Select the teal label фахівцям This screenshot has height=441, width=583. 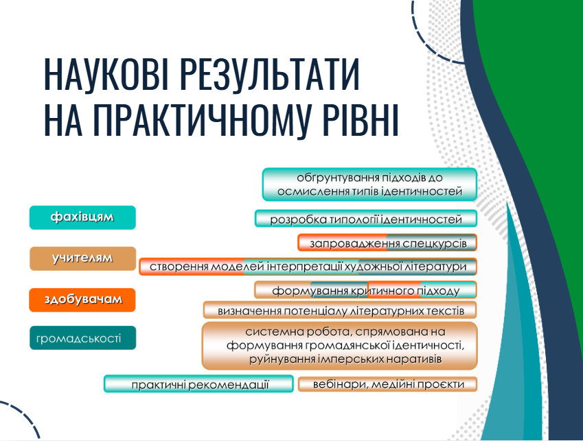click(x=82, y=217)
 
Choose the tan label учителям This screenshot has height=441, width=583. click(x=82, y=259)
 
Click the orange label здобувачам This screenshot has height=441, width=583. click(x=82, y=300)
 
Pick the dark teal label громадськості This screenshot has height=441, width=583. click(x=82, y=337)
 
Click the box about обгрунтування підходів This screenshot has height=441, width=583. click(x=369, y=184)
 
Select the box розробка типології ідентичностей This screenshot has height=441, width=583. click(x=365, y=219)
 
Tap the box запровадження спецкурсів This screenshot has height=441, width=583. click(x=387, y=243)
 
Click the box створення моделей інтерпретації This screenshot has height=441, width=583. click(x=308, y=266)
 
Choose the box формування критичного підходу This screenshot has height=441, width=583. click(x=365, y=290)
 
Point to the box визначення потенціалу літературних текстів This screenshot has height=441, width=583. click(x=340, y=310)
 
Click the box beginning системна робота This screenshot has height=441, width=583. click(x=339, y=345)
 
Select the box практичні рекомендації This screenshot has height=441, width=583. click(x=199, y=385)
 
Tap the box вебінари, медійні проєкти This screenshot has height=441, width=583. click(x=387, y=384)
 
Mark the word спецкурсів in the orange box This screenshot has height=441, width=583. click(x=435, y=243)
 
